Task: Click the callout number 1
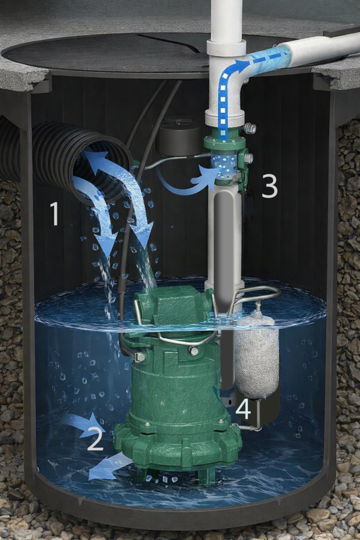pyautogui.click(x=54, y=214)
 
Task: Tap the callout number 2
pyautogui.click(x=95, y=438)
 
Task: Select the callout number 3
pyautogui.click(x=269, y=186)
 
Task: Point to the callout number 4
pyautogui.click(x=244, y=409)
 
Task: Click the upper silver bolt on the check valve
pyautogui.click(x=249, y=129)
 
